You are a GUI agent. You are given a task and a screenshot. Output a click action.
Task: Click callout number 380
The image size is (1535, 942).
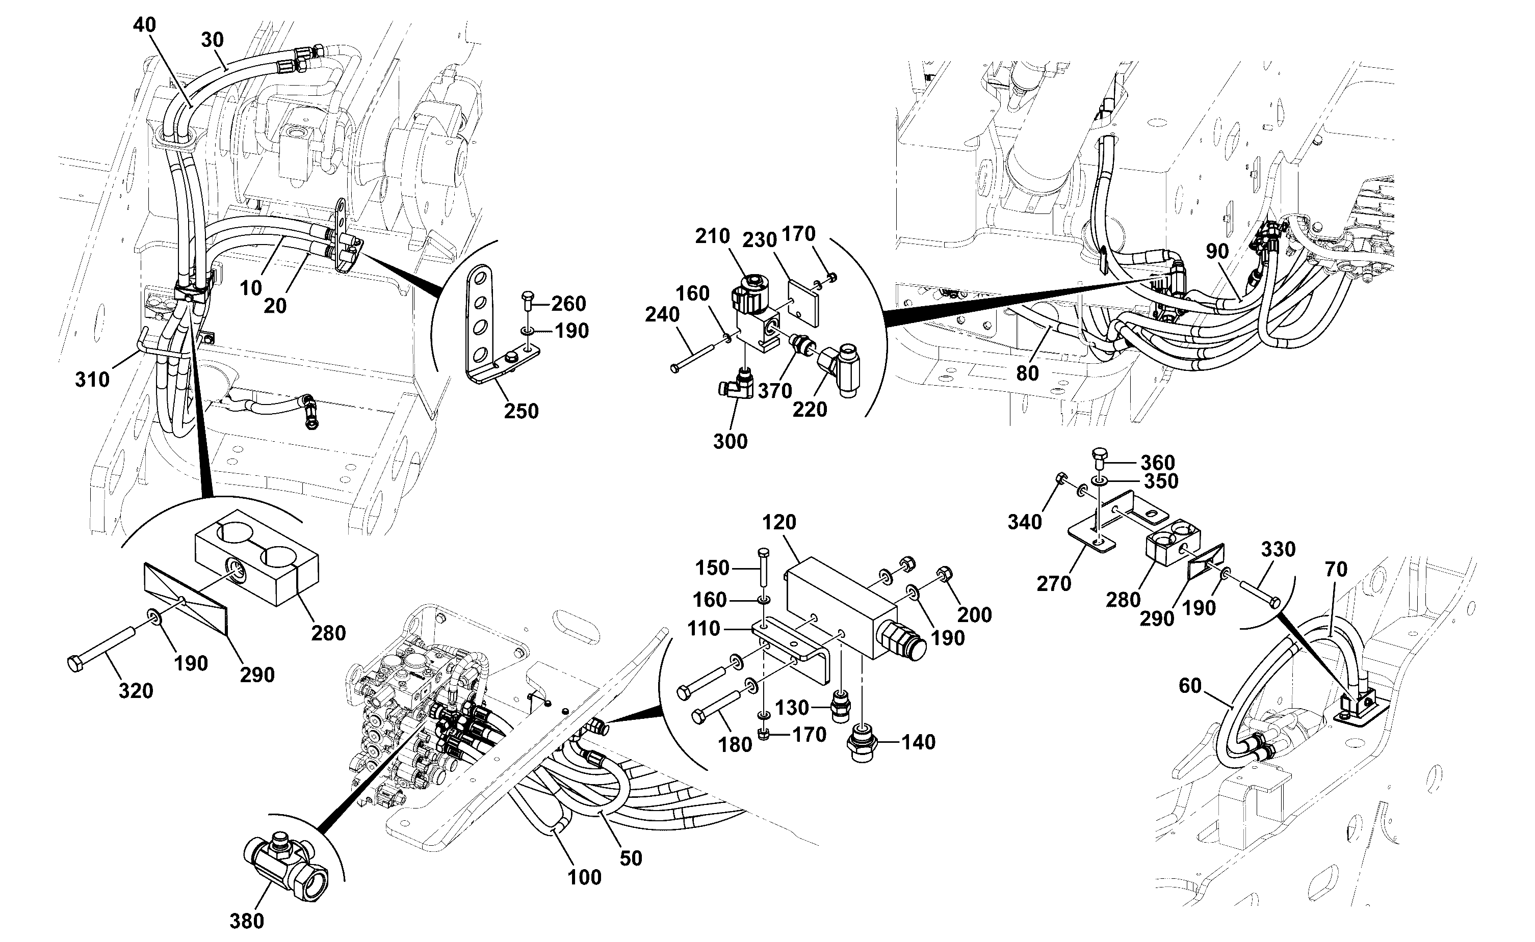coord(247,920)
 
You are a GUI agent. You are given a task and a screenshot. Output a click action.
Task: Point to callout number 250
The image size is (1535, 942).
coord(521,411)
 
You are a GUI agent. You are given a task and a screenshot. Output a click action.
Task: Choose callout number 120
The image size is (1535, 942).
coord(779,522)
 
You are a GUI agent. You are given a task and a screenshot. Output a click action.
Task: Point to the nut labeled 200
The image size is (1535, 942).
coord(944,571)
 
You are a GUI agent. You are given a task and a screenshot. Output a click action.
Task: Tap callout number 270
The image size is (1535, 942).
coord(1054,583)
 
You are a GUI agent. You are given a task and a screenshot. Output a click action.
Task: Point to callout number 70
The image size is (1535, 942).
coord(1336,569)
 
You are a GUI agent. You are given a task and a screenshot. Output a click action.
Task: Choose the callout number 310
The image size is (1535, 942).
coord(92,379)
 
